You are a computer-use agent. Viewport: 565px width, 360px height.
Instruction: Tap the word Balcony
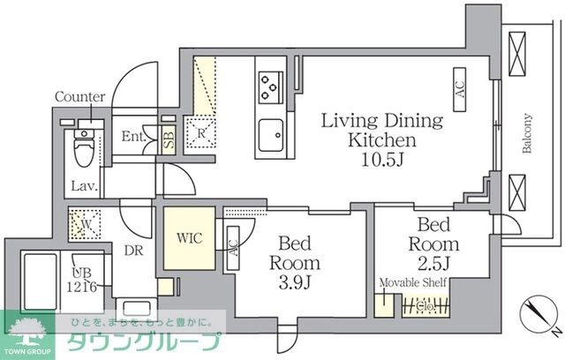point(527,133)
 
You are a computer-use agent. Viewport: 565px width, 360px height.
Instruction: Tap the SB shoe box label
point(169,139)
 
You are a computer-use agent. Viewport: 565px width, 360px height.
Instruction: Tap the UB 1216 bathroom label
point(86,280)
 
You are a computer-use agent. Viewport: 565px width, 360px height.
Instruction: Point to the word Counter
point(79,97)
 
